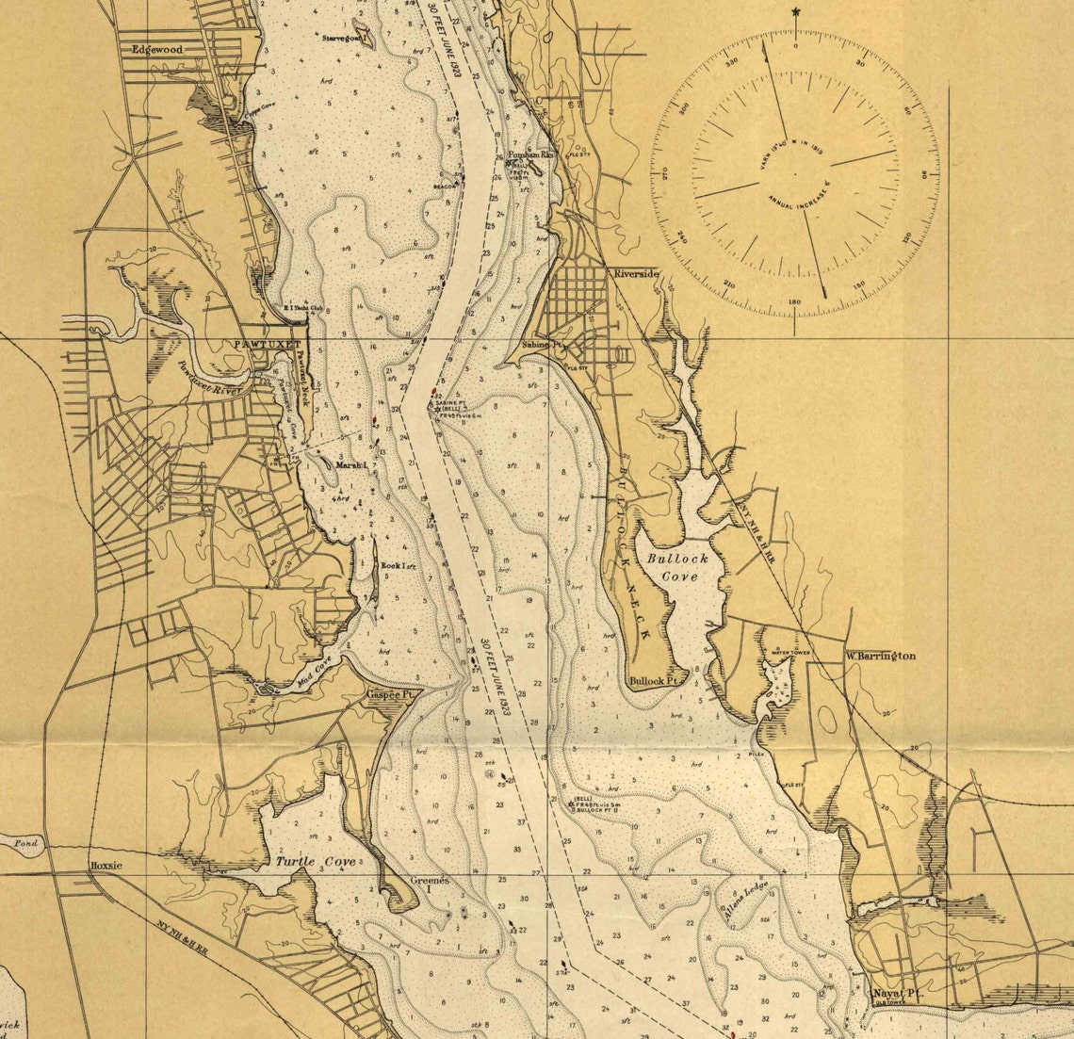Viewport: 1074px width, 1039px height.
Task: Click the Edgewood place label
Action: click(156, 49)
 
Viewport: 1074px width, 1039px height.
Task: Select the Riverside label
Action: click(637, 273)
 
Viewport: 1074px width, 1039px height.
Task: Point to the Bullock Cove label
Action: click(678, 567)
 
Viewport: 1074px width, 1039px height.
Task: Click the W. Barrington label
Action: click(880, 656)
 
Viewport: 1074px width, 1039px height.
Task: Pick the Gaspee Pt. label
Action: click(391, 694)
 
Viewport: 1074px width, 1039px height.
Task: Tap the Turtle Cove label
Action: click(316, 862)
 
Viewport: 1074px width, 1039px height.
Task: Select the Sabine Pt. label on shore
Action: click(541, 346)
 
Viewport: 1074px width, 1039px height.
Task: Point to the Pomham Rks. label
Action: click(532, 154)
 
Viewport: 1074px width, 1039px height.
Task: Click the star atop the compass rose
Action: click(796, 11)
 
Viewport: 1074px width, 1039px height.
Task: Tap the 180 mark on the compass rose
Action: click(794, 302)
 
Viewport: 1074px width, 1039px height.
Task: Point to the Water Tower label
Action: click(791, 651)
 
